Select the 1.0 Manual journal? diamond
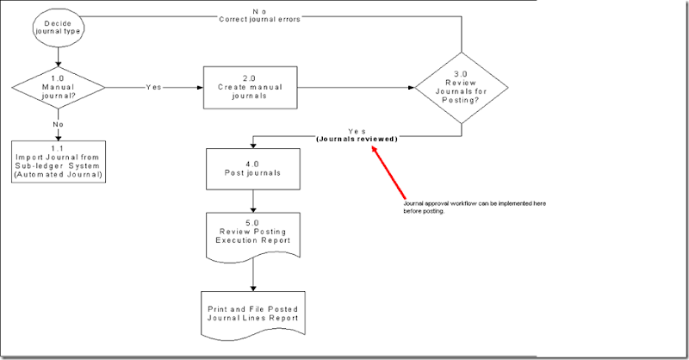(x=58, y=87)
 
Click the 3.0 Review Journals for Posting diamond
(x=462, y=87)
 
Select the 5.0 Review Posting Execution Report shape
(x=254, y=233)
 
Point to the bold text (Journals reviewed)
(x=357, y=139)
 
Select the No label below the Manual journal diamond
(x=58, y=123)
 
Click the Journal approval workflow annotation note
(x=474, y=207)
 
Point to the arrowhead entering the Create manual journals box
(x=200, y=87)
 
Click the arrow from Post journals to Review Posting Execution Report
(x=254, y=200)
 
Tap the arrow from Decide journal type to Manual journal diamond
(x=58, y=55)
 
